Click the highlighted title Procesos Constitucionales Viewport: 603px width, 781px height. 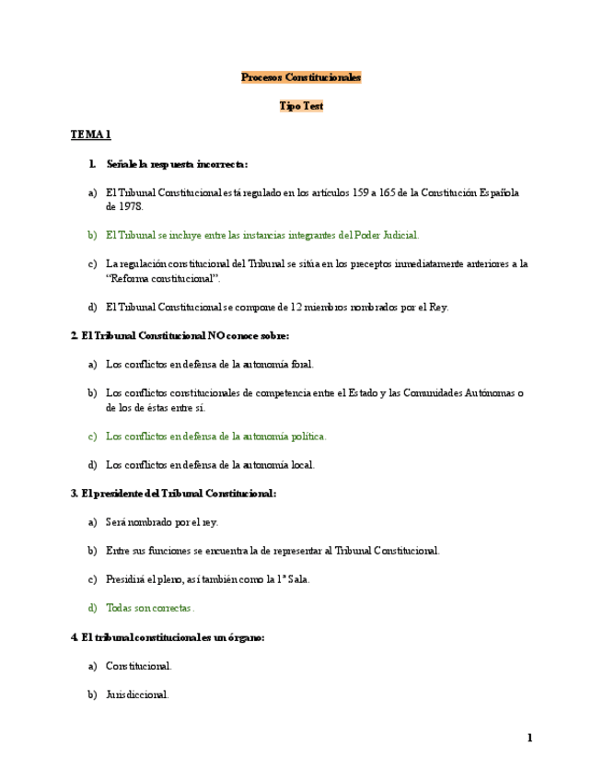[301, 77]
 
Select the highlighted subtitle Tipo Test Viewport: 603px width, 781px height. [301, 106]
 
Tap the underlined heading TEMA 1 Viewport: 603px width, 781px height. [91, 134]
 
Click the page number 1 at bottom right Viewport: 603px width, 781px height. [530, 738]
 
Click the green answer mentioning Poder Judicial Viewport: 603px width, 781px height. [262, 236]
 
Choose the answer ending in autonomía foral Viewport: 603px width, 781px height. [210, 364]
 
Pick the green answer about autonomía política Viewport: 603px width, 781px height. [215, 436]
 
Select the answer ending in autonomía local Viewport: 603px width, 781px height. [210, 464]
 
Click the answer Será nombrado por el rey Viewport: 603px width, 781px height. [162, 522]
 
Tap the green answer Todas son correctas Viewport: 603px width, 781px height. [150, 608]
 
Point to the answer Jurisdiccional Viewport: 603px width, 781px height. [137, 694]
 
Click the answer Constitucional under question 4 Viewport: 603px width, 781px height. [139, 665]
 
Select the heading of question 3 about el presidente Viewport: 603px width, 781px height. [173, 494]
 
